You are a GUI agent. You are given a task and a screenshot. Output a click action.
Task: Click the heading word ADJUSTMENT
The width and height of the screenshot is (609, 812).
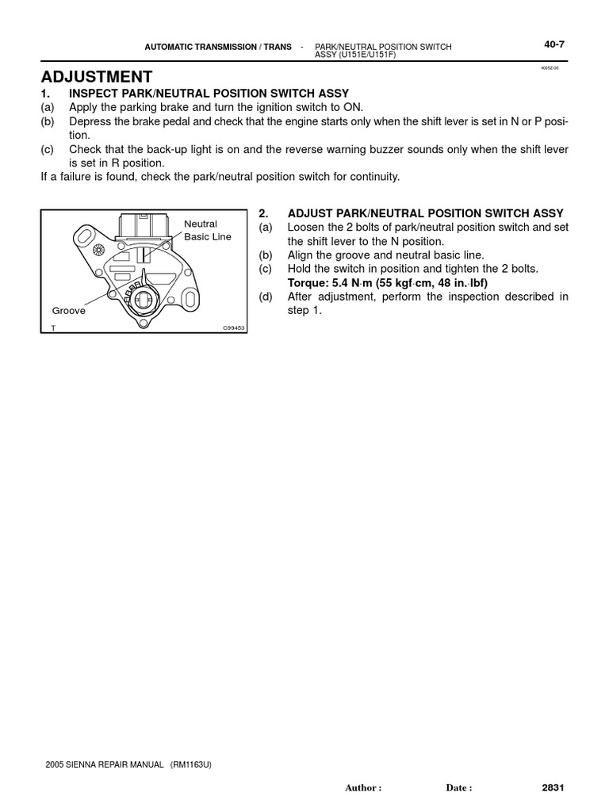pos(97,76)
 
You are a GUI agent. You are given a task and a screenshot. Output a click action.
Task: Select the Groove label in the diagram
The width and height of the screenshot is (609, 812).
pos(69,311)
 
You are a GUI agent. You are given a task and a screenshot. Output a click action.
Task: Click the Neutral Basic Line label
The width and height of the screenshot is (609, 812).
pos(207,230)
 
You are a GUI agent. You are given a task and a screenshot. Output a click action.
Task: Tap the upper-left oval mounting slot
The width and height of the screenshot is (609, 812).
pos(84,234)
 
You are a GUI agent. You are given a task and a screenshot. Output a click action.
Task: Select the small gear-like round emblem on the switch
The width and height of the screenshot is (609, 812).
pos(99,250)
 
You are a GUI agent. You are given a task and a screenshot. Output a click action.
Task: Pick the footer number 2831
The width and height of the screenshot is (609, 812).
pos(553,787)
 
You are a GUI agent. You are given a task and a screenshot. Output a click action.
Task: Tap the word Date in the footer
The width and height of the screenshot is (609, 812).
pos(457,788)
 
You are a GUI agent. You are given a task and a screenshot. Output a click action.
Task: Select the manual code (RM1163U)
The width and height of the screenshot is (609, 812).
pos(190,764)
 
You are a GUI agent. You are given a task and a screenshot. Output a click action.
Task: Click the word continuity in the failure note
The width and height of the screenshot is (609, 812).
pos(373,176)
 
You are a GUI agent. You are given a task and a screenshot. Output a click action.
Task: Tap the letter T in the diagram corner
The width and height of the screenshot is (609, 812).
pos(53,327)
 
